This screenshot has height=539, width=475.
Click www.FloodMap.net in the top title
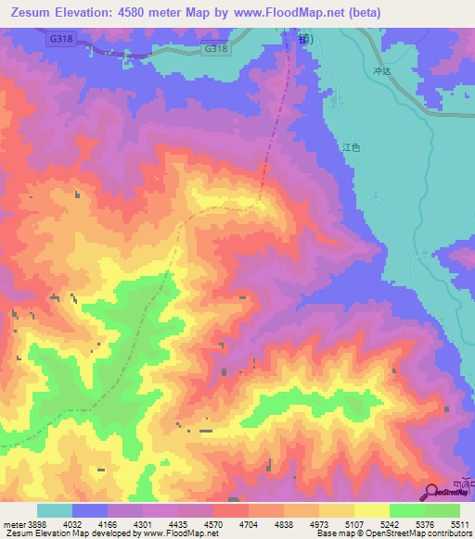click(287, 11)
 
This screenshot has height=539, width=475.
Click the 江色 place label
click(350, 147)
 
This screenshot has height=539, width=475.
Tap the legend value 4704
click(249, 524)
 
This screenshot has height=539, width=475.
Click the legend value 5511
click(460, 524)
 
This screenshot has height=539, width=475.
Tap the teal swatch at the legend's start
click(55, 510)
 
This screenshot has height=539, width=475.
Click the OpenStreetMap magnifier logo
click(431, 493)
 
